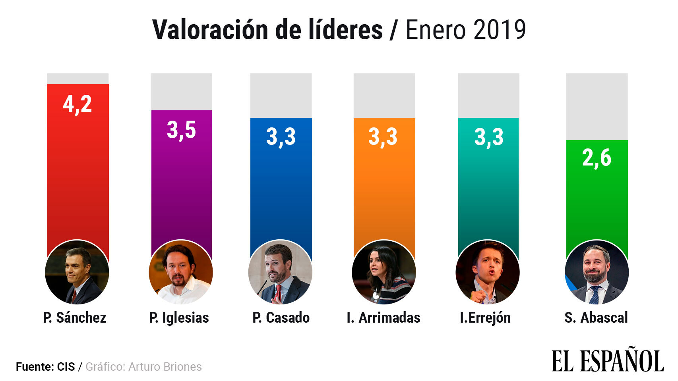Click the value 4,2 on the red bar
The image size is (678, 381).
(77, 104)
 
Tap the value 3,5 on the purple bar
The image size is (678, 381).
(181, 130)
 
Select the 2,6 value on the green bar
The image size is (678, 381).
(597, 158)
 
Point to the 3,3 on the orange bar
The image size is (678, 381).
(383, 137)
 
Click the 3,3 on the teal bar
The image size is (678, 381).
(489, 137)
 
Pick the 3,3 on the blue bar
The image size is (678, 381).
(281, 137)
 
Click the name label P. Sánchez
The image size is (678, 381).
(75, 318)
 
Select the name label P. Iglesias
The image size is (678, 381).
(179, 318)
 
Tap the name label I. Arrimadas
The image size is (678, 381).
(384, 318)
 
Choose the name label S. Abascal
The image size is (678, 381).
(596, 318)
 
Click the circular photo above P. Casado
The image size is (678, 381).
(280, 272)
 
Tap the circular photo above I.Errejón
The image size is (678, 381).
(488, 272)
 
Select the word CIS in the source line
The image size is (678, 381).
(66, 367)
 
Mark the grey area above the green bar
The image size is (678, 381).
(597, 106)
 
